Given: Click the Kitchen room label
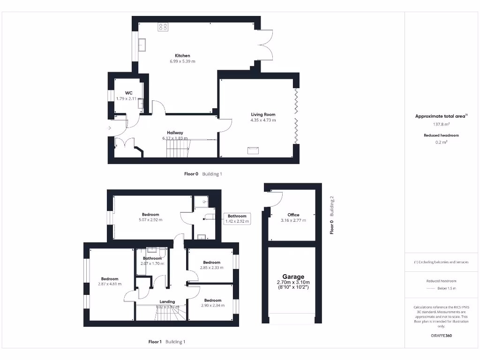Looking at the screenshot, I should (182, 56).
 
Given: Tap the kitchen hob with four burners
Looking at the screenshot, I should (163, 27).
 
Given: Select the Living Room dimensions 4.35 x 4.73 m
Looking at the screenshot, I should (263, 120).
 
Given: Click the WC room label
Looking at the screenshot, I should (128, 93).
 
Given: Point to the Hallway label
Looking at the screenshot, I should (175, 133).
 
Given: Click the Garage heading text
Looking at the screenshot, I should (293, 277).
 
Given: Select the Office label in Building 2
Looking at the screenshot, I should (293, 215).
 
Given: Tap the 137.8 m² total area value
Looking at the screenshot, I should (440, 125).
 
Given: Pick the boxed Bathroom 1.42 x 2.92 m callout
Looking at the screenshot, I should (237, 218).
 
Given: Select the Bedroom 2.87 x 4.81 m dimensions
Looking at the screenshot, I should (109, 284).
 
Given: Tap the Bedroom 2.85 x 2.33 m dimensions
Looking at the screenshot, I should (211, 268).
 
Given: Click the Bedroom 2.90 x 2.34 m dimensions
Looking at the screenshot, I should (212, 305).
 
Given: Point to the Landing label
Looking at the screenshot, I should (167, 301).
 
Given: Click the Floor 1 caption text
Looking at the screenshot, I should (155, 342).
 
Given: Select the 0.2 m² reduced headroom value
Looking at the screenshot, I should (440, 142).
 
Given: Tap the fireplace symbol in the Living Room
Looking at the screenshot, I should (253, 150).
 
